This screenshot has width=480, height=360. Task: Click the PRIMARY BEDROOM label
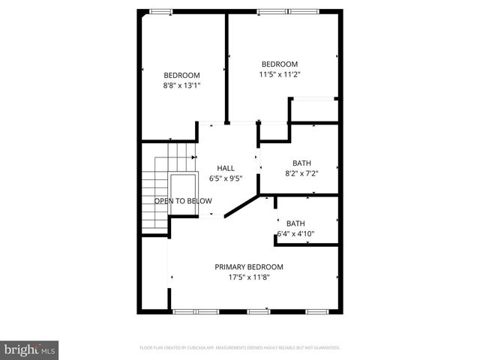(249, 266)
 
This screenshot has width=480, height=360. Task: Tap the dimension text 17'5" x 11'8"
(249, 277)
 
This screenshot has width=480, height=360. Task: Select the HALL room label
(226, 168)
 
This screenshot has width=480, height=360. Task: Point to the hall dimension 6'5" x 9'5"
(226, 178)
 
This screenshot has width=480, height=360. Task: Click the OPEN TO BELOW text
(183, 201)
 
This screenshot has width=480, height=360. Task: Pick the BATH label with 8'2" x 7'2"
(301, 163)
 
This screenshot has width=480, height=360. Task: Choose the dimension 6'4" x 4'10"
(295, 233)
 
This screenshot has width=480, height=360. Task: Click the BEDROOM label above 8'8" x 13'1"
(181, 75)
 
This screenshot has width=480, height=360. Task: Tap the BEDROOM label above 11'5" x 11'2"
(279, 64)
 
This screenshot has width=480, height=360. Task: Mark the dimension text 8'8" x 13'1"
(181, 85)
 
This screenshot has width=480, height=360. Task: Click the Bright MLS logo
(30, 349)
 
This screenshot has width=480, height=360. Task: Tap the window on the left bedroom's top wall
(160, 11)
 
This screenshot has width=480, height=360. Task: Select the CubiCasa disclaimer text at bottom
(240, 348)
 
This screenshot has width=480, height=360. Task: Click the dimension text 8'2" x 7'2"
(301, 173)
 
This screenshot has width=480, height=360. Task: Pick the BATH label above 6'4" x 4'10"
(295, 223)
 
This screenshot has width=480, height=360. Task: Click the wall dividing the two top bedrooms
(226, 67)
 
